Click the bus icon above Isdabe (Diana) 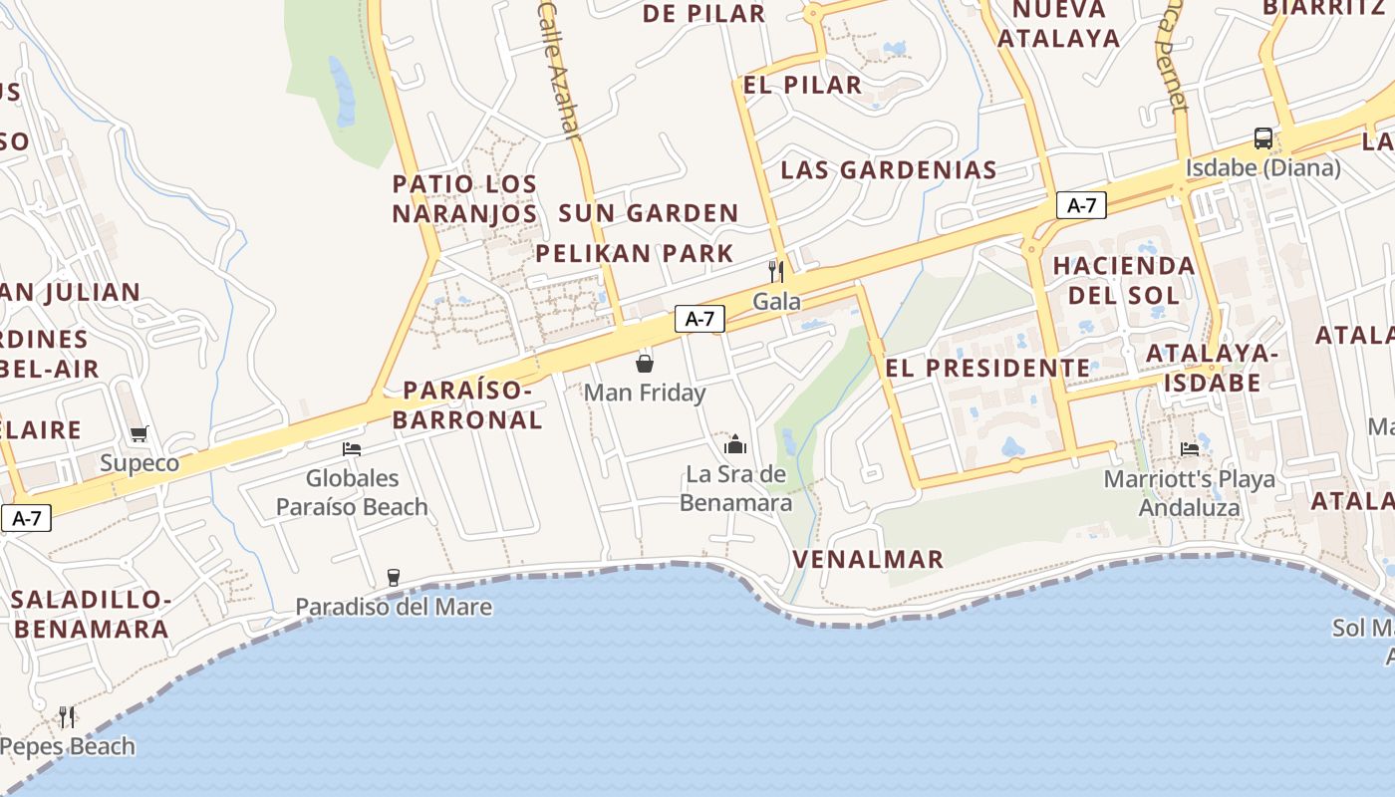click(x=1262, y=138)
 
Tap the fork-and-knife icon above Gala click(x=776, y=271)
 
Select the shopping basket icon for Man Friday click(x=645, y=363)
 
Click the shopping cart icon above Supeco click(x=139, y=433)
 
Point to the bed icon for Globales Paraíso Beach click(x=352, y=448)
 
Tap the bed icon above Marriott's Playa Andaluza click(x=1190, y=449)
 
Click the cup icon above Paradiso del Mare click(x=393, y=577)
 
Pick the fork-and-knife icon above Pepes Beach click(x=67, y=716)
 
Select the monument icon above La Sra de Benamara click(x=735, y=444)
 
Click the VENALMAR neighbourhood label click(x=868, y=559)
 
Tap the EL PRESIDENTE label click(x=987, y=368)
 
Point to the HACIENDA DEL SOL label click(x=1124, y=280)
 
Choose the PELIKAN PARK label click(x=635, y=253)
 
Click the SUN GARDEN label click(x=649, y=212)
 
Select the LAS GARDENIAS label click(x=889, y=169)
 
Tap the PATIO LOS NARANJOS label click(x=464, y=198)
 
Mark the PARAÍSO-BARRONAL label click(x=467, y=404)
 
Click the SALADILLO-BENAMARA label click(x=91, y=614)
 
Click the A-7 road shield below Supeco click(x=26, y=518)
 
